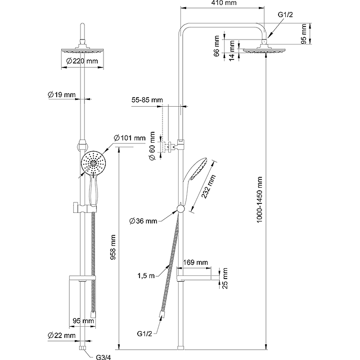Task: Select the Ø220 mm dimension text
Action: pos(81,61)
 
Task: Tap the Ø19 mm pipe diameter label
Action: pos(61,94)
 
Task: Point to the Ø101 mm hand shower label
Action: pos(130,138)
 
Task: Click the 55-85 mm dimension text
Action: pos(148,99)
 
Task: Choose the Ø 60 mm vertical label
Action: pos(153,146)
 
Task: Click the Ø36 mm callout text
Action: pos(143,220)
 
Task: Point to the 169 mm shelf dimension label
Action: pos(196,262)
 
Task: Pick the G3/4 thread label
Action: pos(103,357)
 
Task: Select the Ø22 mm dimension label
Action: pos(61,336)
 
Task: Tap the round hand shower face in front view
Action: pos(93,163)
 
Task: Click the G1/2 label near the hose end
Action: pos(145,333)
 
